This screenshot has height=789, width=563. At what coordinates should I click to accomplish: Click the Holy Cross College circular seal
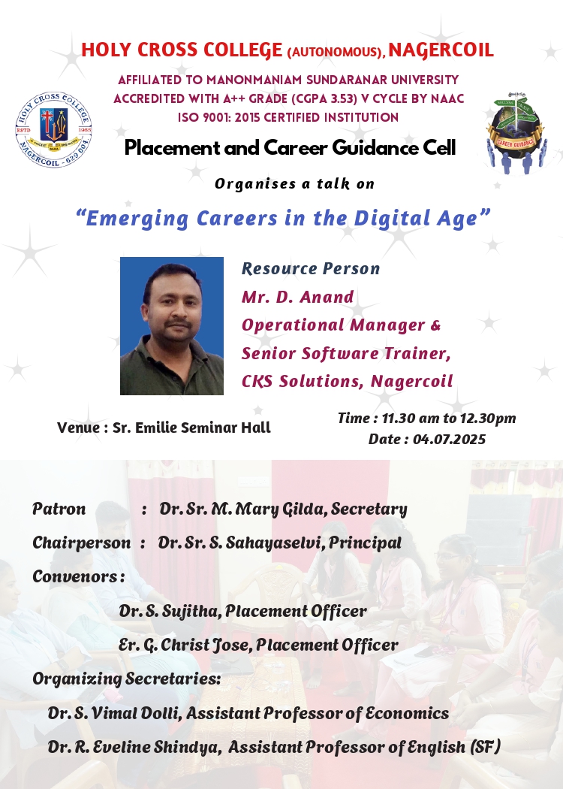coord(53,130)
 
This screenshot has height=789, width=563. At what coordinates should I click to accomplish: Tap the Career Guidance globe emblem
coord(516,132)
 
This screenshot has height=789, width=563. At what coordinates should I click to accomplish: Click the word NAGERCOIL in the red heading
coord(441,50)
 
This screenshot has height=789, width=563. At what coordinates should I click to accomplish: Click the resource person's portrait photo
coord(172,326)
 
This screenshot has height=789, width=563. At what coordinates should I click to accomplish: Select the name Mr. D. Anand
coord(297,297)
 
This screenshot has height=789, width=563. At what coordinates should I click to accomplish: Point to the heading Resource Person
coord(311,269)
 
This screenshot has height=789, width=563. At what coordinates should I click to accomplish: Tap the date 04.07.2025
coord(450,440)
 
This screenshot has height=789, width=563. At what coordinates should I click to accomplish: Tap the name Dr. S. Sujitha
coord(168,612)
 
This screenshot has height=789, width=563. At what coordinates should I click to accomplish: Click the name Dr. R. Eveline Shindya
coord(134,747)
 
